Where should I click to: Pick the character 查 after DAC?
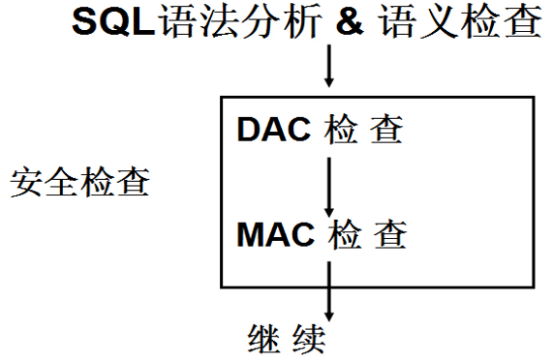(x=387, y=130)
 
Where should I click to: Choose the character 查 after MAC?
(x=389, y=233)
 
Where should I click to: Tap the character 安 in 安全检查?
(x=27, y=182)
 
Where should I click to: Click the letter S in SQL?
(x=84, y=23)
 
